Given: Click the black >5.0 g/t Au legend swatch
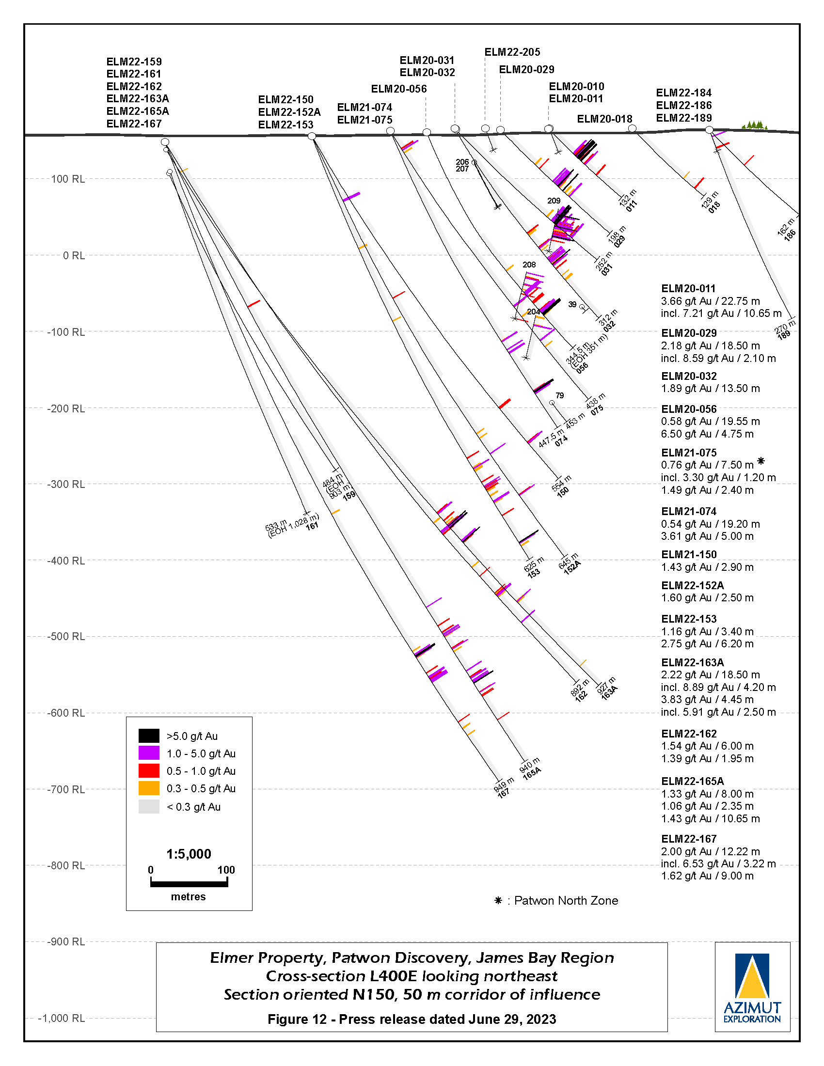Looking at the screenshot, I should (149, 736).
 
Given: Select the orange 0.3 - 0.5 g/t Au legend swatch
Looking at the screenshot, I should (149, 788).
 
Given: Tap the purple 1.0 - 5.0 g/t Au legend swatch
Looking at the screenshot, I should (149, 752).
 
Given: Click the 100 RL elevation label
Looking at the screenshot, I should (68, 179).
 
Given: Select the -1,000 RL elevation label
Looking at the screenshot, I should (62, 1018).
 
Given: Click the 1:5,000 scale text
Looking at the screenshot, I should (189, 854).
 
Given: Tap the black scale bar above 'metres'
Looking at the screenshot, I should (189, 883).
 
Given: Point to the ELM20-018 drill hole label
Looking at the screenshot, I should (604, 119).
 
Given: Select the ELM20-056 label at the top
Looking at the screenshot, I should (399, 89).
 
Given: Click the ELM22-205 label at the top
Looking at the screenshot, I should (512, 52).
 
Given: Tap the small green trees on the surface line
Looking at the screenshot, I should (754, 125).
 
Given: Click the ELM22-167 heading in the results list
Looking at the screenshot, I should (689, 839).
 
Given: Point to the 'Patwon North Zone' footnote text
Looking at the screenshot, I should (566, 901).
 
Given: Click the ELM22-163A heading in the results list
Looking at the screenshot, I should (692, 662).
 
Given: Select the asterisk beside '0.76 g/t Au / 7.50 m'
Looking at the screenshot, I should (761, 461).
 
